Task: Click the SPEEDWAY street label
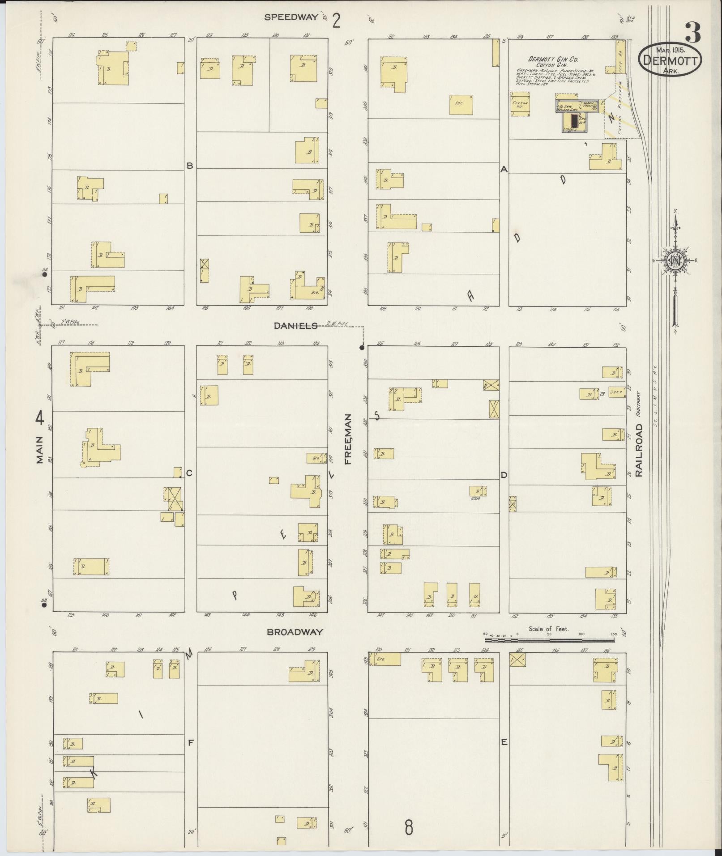tap(291, 17)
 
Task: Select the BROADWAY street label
tap(295, 632)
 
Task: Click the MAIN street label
tap(39, 449)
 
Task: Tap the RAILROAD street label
tap(638, 450)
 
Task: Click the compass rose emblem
tap(675, 260)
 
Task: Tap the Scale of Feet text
tap(548, 629)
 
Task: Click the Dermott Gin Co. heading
tap(553, 59)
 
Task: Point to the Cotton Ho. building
tap(520, 104)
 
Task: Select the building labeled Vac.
tap(461, 104)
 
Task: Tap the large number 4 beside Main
tap(40, 419)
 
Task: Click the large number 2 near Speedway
tap(336, 21)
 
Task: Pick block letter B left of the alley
tap(190, 166)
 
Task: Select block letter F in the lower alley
tap(190, 742)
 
